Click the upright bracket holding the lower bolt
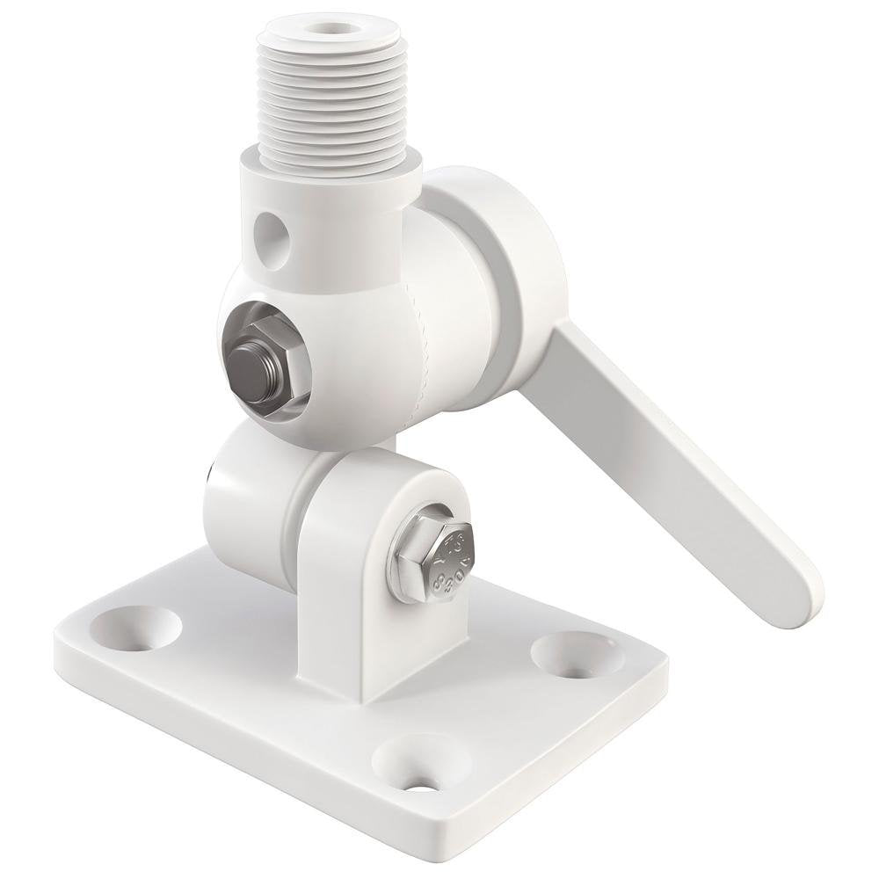coord(369,615)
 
